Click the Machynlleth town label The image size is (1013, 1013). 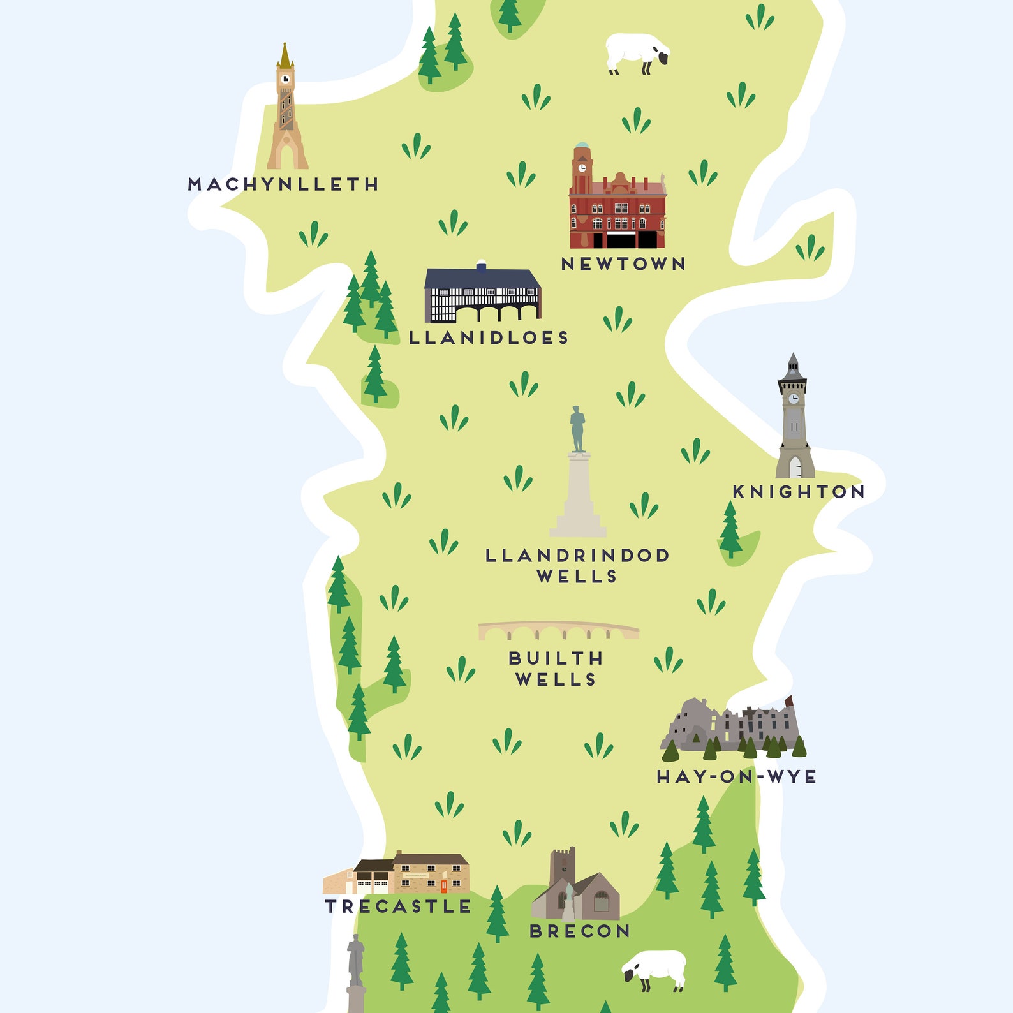click(283, 184)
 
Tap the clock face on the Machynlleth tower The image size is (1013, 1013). click(285, 79)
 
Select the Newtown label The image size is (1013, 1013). click(623, 264)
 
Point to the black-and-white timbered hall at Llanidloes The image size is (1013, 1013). click(483, 295)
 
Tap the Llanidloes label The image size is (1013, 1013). click(489, 337)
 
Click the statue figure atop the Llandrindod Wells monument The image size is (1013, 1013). click(577, 429)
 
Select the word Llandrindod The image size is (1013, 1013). click(577, 556)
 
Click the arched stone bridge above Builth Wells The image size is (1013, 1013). click(559, 631)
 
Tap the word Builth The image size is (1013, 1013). click(556, 658)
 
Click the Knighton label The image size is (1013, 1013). click(799, 492)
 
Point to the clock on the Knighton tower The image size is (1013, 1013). click(793, 399)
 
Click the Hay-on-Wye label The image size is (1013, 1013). click(737, 776)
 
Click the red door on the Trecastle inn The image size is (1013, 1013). click(444, 885)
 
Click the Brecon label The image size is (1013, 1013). click(580, 931)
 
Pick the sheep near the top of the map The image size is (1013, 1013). click(637, 52)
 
